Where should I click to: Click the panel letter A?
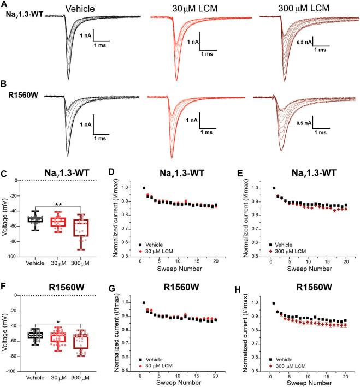[x=4, y=4]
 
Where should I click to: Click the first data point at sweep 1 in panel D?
[x=145, y=188]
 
